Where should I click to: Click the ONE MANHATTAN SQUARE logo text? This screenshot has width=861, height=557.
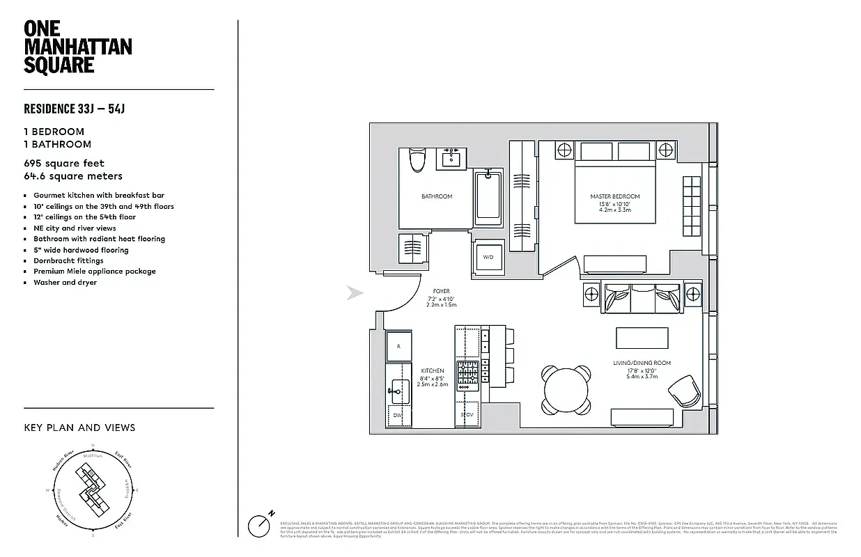click(78, 47)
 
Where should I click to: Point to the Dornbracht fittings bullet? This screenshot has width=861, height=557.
click(68, 260)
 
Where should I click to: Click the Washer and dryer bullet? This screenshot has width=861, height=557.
click(65, 283)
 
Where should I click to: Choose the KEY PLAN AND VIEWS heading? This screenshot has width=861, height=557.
click(79, 427)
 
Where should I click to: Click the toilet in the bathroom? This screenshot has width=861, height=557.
click(417, 160)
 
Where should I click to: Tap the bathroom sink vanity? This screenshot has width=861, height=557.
click(452, 158)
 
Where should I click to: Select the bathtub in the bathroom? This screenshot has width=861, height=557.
click(488, 198)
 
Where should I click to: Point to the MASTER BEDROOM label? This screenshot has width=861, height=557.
click(614, 197)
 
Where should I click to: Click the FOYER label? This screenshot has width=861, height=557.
click(440, 291)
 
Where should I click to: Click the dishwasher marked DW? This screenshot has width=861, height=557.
click(398, 414)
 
